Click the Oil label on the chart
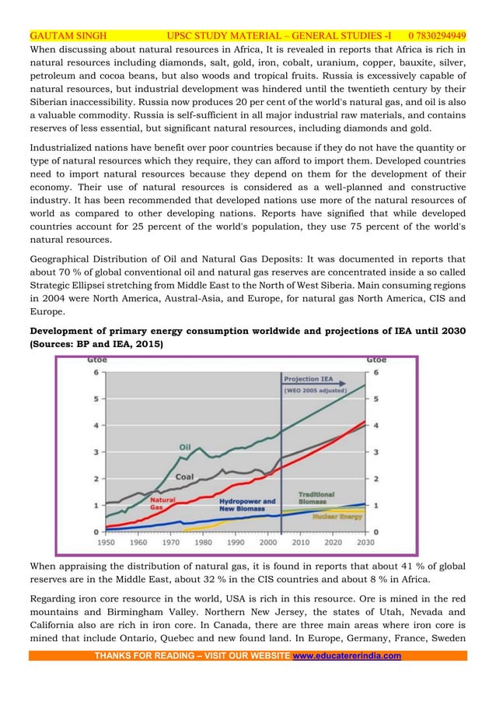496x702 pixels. tap(185, 447)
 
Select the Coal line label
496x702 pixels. tap(184, 476)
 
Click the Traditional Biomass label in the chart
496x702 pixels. tap(316, 498)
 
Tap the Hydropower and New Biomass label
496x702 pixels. tap(247, 505)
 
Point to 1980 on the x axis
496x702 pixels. tap(203, 542)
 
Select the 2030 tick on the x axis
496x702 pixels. tap(365, 542)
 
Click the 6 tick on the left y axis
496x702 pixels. tap(96, 372)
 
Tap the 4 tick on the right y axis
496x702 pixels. tap(376, 426)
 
